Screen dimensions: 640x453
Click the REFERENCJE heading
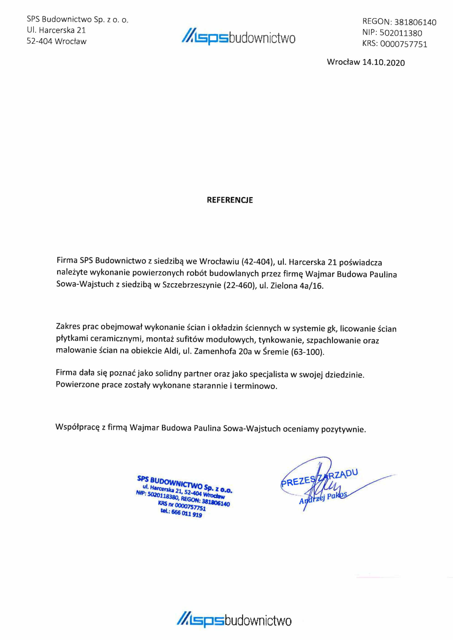click(x=230, y=200)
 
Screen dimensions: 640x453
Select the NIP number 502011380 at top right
click(x=401, y=33)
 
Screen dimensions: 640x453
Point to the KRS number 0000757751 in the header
click(x=403, y=44)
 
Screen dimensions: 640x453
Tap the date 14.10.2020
click(x=383, y=62)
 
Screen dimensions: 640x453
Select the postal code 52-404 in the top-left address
click(x=39, y=41)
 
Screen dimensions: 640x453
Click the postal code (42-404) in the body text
click(x=257, y=262)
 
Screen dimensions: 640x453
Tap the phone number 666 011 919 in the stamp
click(x=186, y=513)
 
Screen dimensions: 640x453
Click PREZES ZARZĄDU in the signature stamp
click(x=319, y=478)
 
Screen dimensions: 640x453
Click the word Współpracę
click(x=77, y=427)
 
